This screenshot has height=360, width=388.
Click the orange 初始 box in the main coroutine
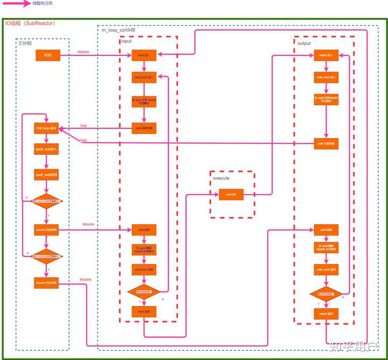[47, 55]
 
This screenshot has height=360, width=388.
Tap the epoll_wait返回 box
[47, 175]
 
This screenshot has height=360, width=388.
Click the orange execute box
[231, 193]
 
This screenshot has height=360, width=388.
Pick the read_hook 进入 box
[144, 77]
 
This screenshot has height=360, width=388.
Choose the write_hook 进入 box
[327, 77]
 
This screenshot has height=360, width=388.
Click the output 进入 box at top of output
[327, 55]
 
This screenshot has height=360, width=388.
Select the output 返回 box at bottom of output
[327, 314]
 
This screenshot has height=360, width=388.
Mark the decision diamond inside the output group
[327, 294]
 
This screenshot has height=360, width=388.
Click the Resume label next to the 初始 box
[84, 52]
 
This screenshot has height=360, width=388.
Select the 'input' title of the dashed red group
[126, 41]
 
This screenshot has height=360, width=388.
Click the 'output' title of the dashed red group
[304, 43]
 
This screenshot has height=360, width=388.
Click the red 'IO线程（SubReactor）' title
[30, 23]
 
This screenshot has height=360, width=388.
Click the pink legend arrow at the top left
[16, 4]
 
